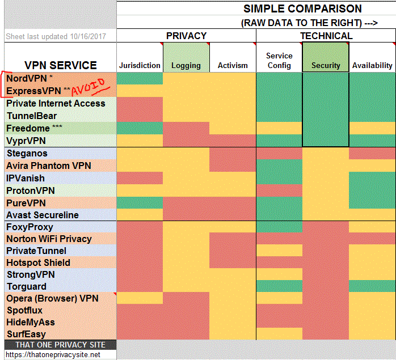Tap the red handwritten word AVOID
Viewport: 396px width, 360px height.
[x=90, y=87]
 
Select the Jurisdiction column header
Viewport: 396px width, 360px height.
[x=140, y=65]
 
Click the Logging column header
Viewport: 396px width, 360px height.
[x=186, y=66]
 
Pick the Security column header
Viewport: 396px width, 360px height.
[x=326, y=66]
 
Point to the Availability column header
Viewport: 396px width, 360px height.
[x=372, y=66]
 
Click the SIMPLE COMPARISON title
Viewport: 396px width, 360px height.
[x=302, y=9]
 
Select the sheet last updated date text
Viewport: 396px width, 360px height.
[x=56, y=36]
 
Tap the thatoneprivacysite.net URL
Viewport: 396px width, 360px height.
[x=53, y=354]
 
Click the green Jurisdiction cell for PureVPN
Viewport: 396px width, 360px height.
[x=140, y=203]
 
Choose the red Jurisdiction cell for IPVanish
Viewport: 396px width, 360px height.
[x=140, y=178]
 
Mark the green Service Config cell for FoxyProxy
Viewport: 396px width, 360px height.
[x=279, y=227]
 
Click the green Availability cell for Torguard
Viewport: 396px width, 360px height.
[x=372, y=286]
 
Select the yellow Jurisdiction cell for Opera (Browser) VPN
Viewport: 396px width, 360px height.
[x=140, y=298]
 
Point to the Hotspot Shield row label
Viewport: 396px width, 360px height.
[x=38, y=262]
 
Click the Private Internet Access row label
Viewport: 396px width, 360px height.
[x=56, y=103]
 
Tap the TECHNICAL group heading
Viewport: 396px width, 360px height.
[x=326, y=36]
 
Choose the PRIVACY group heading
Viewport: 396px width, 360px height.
[x=187, y=36]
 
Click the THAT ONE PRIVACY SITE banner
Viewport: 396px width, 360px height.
[x=60, y=345]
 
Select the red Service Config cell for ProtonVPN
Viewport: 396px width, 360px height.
[x=279, y=190]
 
